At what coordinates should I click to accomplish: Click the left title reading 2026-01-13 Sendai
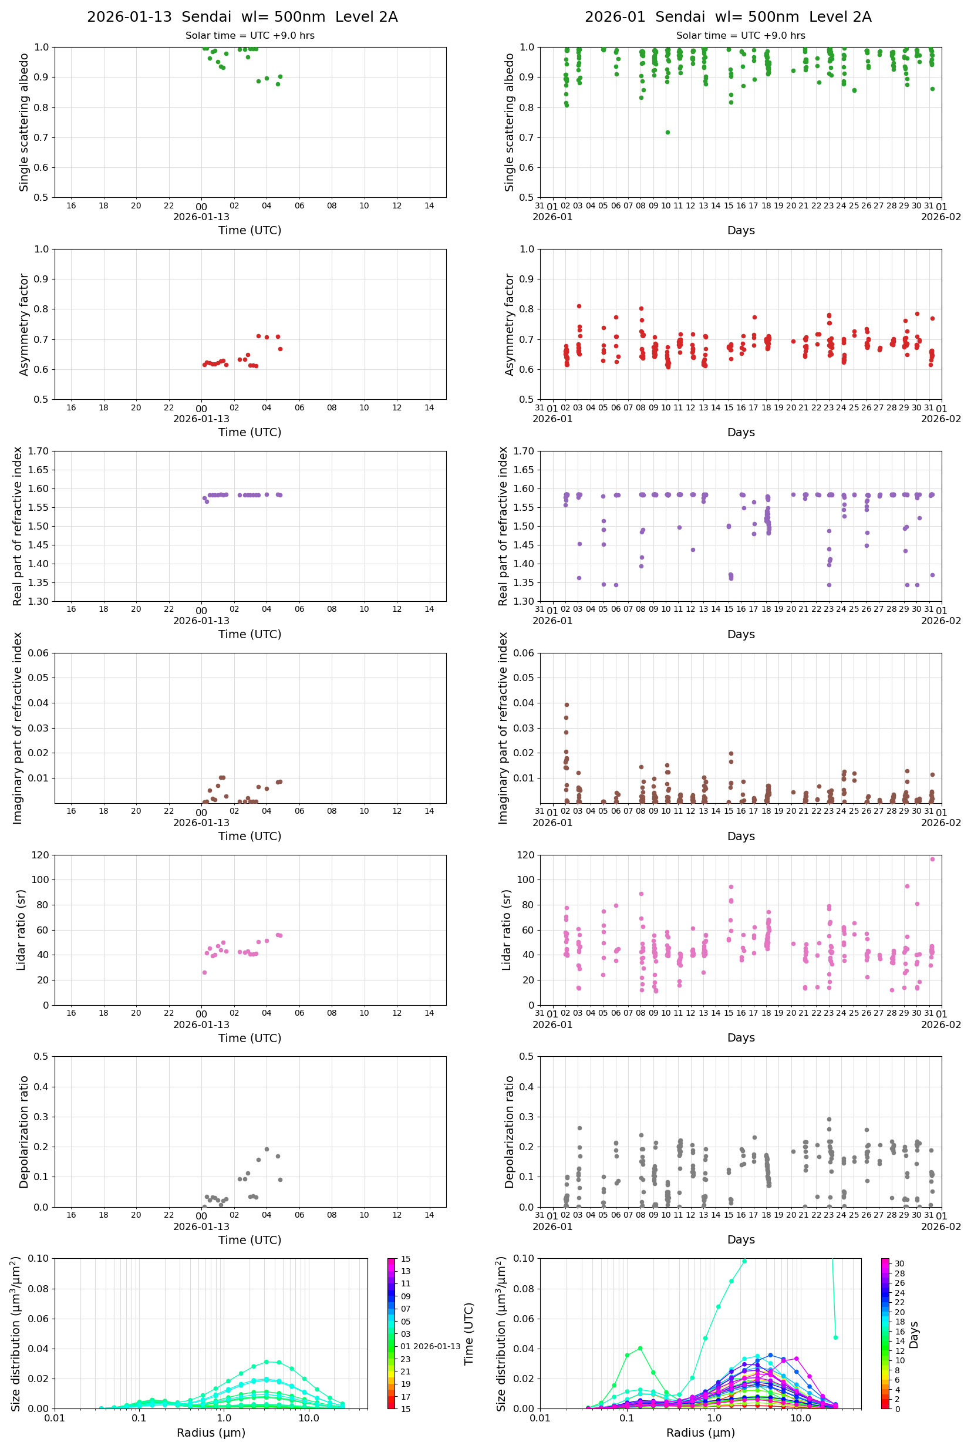click(x=242, y=16)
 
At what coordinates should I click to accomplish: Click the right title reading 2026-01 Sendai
click(x=727, y=16)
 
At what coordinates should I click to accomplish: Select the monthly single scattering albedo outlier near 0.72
click(x=667, y=132)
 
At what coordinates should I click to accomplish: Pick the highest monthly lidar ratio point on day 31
click(x=932, y=859)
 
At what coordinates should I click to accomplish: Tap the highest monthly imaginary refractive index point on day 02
click(x=566, y=705)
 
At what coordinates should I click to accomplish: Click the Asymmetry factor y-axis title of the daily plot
click(x=24, y=325)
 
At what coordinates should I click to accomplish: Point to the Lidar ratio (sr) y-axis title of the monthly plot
click(x=507, y=929)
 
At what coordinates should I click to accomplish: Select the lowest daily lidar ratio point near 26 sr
click(x=204, y=972)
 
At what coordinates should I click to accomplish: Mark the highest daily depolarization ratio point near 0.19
click(x=267, y=1148)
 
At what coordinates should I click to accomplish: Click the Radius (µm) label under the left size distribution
click(x=211, y=1433)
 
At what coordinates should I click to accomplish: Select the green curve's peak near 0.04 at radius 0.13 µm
click(x=640, y=1348)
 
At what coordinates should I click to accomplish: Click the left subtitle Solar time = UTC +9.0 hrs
click(x=250, y=35)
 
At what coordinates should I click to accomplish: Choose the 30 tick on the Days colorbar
click(x=899, y=1263)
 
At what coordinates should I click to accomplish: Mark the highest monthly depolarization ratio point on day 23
click(x=829, y=1119)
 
